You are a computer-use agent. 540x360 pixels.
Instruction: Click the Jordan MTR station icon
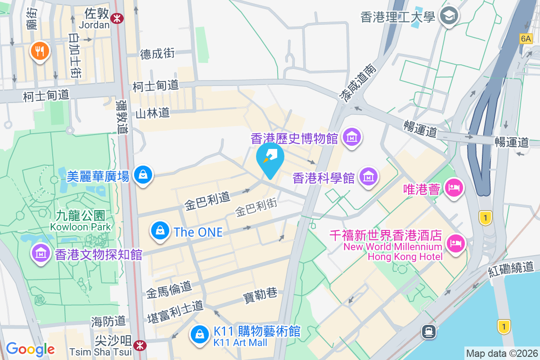tap(118, 18)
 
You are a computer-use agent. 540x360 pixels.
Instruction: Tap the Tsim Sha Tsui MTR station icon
tap(140, 345)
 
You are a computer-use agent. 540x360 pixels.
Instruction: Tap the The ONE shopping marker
tap(160, 231)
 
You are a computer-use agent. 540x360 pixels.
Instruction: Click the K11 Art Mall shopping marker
tap(199, 334)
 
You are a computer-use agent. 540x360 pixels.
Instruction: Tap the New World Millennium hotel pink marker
tap(456, 244)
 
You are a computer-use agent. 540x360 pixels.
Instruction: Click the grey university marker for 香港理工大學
tap(449, 17)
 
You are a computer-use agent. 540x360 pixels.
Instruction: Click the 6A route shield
tap(525, 39)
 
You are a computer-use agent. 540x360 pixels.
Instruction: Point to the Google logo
tap(30, 349)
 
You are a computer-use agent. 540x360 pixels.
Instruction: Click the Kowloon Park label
tap(81, 221)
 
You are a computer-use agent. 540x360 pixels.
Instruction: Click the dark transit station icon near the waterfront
tap(428, 332)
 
